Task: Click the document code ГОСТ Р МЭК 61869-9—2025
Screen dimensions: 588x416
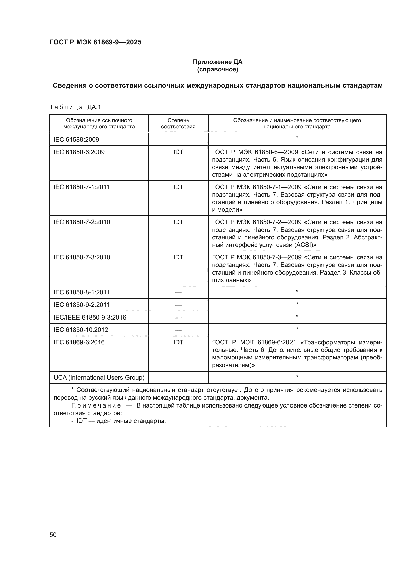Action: click(95, 42)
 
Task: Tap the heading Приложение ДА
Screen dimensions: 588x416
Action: click(218, 62)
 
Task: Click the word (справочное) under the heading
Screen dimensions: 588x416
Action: click(218, 69)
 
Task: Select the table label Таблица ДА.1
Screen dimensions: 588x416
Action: click(75, 107)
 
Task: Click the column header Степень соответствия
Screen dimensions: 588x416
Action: click(178, 123)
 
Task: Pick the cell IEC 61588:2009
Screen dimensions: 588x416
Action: click(76, 139)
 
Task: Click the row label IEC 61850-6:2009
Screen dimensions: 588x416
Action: click(79, 152)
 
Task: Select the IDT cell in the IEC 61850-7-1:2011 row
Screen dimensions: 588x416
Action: click(178, 187)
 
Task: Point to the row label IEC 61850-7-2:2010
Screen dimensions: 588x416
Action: click(82, 222)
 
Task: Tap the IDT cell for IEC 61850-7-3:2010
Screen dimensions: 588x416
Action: click(178, 257)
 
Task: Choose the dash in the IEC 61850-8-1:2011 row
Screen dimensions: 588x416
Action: click(178, 292)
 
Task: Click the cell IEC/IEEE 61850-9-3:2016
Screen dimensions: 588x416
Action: click(90, 317)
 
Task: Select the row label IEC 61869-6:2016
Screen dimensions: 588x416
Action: click(79, 342)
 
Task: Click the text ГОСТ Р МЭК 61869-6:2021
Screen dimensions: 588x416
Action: click(254, 342)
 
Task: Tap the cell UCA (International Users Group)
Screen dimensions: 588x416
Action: click(99, 378)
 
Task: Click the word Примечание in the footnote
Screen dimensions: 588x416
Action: click(96, 406)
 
